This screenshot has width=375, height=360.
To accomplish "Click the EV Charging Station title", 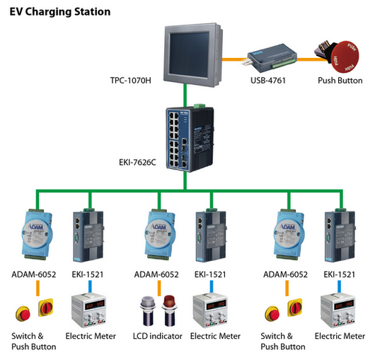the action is [x=60, y=12].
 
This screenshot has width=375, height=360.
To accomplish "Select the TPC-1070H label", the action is [x=131, y=81].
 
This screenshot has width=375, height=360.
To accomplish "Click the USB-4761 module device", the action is [x=272, y=57].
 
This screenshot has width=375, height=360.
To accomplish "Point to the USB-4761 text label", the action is [x=268, y=81].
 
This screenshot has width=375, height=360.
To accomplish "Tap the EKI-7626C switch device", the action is [x=190, y=139].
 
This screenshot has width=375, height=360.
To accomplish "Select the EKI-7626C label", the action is [x=137, y=163].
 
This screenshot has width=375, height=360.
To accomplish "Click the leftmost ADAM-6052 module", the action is [x=37, y=234].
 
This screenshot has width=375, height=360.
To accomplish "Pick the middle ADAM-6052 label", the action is [x=156, y=274].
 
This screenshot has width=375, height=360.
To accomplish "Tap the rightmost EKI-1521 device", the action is [x=340, y=236].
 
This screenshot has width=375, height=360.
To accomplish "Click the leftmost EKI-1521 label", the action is [x=88, y=274].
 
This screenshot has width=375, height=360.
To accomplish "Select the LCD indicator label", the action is [x=158, y=336].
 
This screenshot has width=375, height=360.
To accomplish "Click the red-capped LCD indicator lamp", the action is [x=169, y=310].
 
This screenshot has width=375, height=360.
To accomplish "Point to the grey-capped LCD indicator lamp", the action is [x=148, y=310].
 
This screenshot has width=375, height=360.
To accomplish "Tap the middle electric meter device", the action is [x=210, y=311].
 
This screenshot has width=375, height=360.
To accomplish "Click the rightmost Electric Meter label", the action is [x=340, y=336].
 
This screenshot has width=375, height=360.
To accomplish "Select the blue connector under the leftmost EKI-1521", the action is [x=90, y=286].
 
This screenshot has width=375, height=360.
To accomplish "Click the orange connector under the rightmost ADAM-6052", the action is [x=287, y=288].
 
